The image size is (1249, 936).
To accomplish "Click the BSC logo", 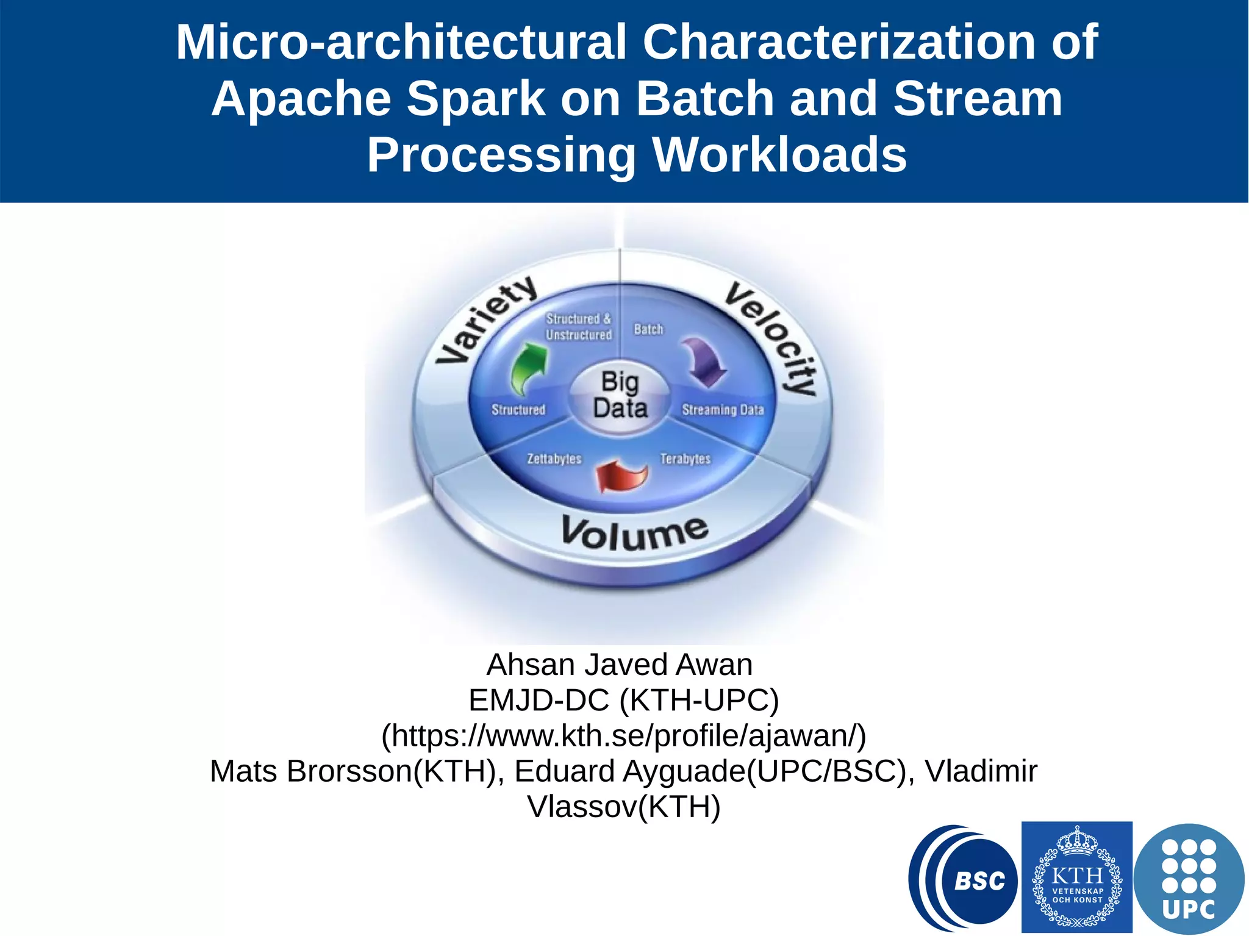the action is pyautogui.click(x=964, y=878).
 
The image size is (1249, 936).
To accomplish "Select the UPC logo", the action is pyautogui.click(x=1189, y=878).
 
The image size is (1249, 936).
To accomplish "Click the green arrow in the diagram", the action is pyautogui.click(x=528, y=368).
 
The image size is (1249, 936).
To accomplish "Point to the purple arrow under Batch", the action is pyautogui.click(x=704, y=362).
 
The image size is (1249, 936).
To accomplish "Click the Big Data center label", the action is pyautogui.click(x=620, y=395).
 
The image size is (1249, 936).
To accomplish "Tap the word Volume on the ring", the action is pyautogui.click(x=635, y=532).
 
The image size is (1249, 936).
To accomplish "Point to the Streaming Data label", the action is pyautogui.click(x=723, y=410).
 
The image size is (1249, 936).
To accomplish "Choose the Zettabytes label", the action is pyautogui.click(x=554, y=459).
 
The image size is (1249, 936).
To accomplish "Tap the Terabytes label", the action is pyautogui.click(x=685, y=459).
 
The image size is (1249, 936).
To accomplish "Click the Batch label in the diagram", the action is pyautogui.click(x=648, y=329).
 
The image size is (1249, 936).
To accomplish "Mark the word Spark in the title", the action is pyautogui.click(x=476, y=98).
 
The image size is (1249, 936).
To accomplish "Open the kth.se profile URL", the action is pyautogui.click(x=623, y=735).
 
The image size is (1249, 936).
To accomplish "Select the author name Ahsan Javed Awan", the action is pyautogui.click(x=620, y=665).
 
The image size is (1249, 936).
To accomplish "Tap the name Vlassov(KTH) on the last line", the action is pyautogui.click(x=624, y=807).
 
